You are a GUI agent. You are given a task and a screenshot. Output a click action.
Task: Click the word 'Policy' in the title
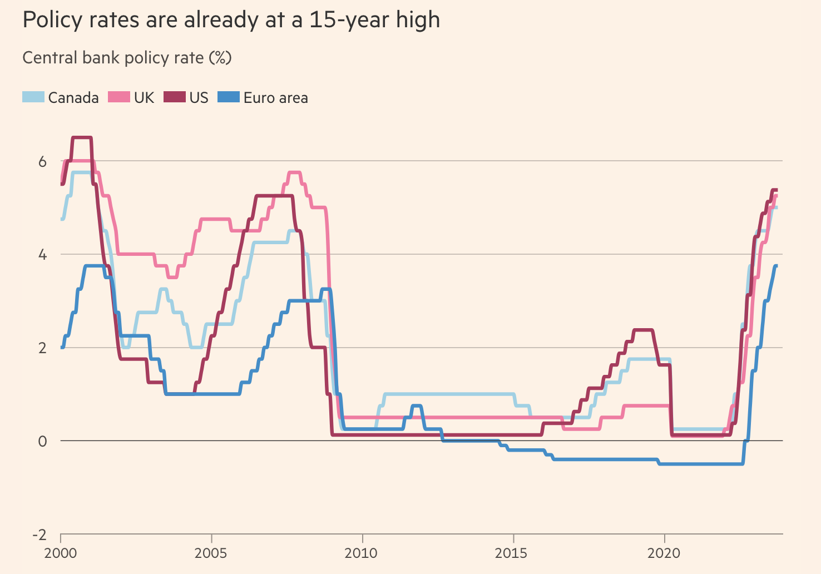[53, 21]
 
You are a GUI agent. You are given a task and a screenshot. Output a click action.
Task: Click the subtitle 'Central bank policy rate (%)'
[127, 58]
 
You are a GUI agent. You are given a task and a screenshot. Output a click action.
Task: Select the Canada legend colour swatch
[33, 97]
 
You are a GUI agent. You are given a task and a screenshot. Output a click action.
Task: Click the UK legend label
[144, 98]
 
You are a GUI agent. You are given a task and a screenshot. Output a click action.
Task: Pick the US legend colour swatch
[174, 97]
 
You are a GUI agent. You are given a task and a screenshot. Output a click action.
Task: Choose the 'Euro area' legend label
[275, 98]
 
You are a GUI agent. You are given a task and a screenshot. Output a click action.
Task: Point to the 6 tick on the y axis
[42, 161]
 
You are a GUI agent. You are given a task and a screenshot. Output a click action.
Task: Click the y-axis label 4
[42, 255]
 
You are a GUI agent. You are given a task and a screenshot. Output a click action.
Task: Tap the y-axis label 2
[42, 348]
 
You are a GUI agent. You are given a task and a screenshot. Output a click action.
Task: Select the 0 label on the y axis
[42, 441]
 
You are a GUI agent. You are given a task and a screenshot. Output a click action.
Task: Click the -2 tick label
[39, 535]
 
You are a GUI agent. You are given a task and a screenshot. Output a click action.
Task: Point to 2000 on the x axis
[61, 553]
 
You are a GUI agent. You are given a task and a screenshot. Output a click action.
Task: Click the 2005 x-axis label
[211, 553]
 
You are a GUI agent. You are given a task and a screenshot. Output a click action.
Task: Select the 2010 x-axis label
[362, 553]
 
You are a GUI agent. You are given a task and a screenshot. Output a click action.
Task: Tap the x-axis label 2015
[513, 553]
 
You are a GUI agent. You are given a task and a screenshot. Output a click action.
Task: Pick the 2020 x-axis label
[664, 553]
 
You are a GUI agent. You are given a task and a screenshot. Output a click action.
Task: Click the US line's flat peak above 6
[82, 137]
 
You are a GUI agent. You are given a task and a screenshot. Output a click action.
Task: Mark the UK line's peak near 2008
[294, 172]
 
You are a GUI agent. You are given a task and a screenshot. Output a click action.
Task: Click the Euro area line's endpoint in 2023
[776, 266]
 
